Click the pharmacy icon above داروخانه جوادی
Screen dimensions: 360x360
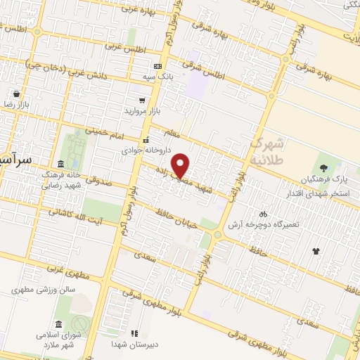point(145,140)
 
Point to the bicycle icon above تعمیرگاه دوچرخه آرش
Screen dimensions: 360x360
point(262,214)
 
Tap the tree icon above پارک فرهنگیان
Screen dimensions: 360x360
point(323,168)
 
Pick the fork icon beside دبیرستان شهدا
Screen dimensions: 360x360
point(134,333)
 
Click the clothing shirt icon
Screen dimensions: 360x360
point(316,250)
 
